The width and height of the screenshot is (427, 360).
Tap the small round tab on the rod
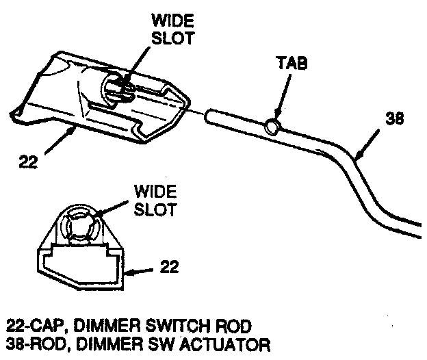272,125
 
